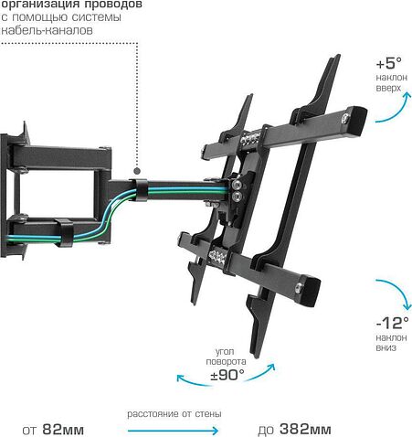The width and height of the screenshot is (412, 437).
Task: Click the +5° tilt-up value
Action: coord(389,63)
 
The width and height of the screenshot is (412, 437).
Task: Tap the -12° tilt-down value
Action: coord(393,323)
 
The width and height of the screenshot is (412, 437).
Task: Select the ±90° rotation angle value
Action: coord(227,375)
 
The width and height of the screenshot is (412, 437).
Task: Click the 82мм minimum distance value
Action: coord(63,430)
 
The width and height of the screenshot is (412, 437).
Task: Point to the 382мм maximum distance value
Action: coord(305,430)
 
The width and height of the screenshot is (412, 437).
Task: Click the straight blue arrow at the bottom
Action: coord(173,431)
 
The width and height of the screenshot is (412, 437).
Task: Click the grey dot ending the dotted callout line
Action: coord(137,171)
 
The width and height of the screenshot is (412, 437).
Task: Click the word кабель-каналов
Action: coord(47,30)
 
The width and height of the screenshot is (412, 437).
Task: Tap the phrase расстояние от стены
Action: coord(174,414)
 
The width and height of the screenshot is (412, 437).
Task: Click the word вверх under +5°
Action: coord(388,89)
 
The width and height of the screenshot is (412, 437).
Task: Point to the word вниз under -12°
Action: coord(386,347)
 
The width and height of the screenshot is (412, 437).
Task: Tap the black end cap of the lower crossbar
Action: coord(311,291)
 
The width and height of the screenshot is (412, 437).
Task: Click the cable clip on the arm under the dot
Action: coord(141,190)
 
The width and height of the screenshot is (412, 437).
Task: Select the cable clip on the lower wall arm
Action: coord(64,232)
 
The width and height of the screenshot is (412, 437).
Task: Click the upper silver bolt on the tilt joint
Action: coord(237,185)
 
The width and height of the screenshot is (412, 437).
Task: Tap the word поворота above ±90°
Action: coord(226,362)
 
